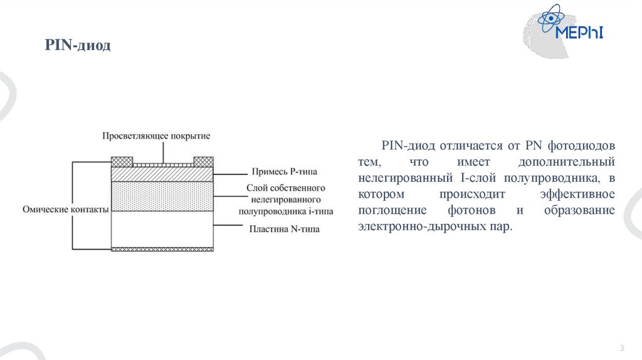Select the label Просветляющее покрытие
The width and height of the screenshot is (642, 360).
(x=156, y=135)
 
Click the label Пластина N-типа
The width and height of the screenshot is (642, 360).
(x=284, y=230)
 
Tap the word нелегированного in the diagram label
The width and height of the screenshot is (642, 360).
(x=284, y=199)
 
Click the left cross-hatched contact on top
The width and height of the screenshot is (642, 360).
(x=122, y=161)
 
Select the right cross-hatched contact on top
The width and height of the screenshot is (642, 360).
(x=204, y=161)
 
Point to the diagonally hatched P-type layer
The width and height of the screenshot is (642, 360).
(x=162, y=174)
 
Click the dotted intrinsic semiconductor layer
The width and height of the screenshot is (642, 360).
(x=162, y=196)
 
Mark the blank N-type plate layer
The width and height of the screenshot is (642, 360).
(x=162, y=228)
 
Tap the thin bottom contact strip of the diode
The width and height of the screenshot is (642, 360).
(x=162, y=249)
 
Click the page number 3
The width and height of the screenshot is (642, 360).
(x=621, y=348)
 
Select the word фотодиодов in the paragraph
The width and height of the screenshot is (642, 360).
(x=582, y=146)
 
